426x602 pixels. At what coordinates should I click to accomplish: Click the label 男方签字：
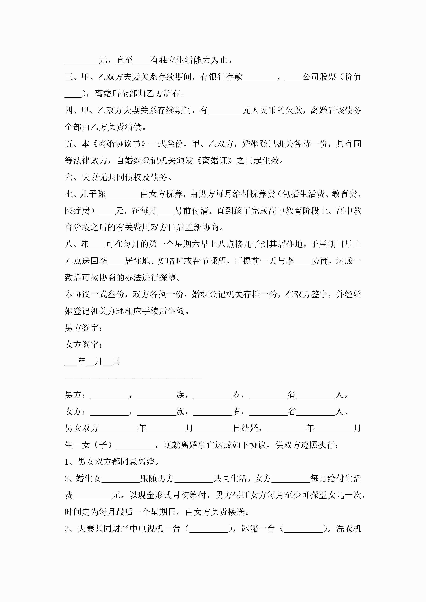(x=83, y=328)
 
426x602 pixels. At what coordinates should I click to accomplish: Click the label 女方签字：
(x=83, y=345)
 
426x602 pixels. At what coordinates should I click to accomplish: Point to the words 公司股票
(x=319, y=77)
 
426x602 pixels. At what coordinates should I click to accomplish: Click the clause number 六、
(x=73, y=177)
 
